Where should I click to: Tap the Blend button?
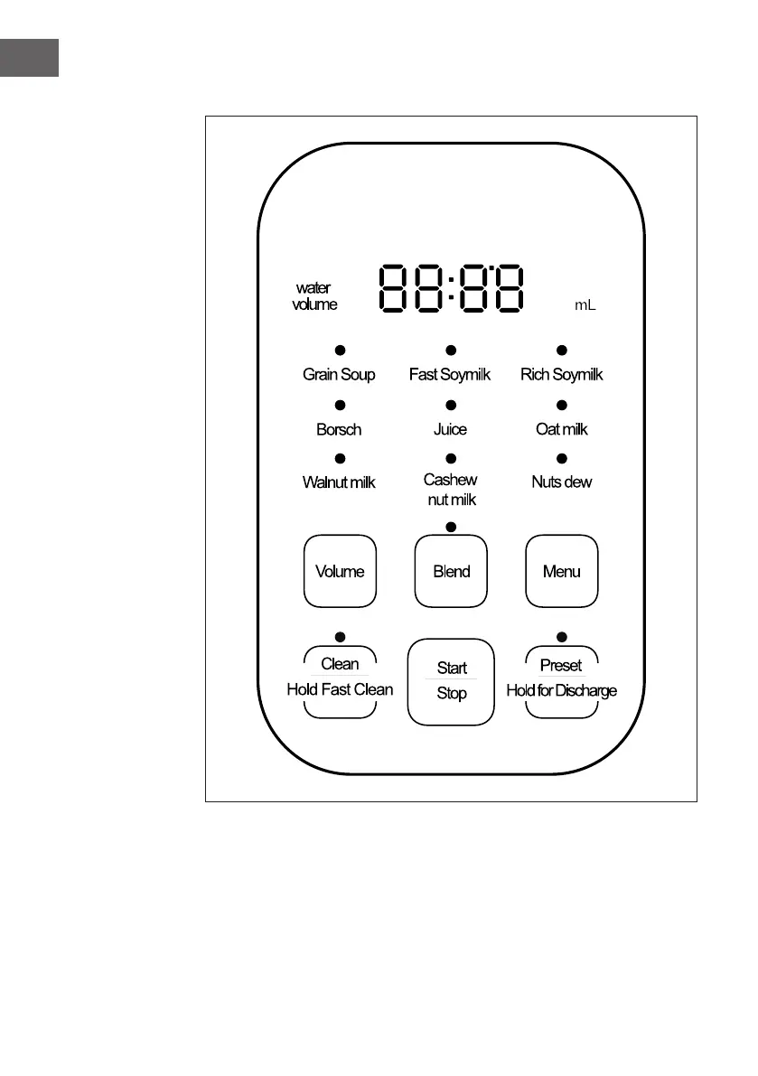pos(451,571)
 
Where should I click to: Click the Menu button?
pos(561,571)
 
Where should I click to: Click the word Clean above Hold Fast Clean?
pos(340,664)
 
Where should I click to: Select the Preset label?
pos(561,666)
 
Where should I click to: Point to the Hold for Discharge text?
pos(561,691)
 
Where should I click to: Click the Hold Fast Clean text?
pos(340,689)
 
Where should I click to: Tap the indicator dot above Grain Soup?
pos(341,350)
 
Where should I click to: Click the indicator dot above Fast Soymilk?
pos(451,350)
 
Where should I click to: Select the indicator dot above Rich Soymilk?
pos(561,350)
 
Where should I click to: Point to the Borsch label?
pos(339,429)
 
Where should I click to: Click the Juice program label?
pos(450,429)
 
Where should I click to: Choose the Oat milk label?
pos(561,429)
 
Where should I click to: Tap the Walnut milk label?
pos(339,482)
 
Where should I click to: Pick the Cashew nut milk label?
pos(451,490)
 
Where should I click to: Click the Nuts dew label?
pos(561,482)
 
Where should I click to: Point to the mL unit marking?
pos(585,306)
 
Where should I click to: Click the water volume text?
pos(314,296)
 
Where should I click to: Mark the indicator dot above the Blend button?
pos(451,526)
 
